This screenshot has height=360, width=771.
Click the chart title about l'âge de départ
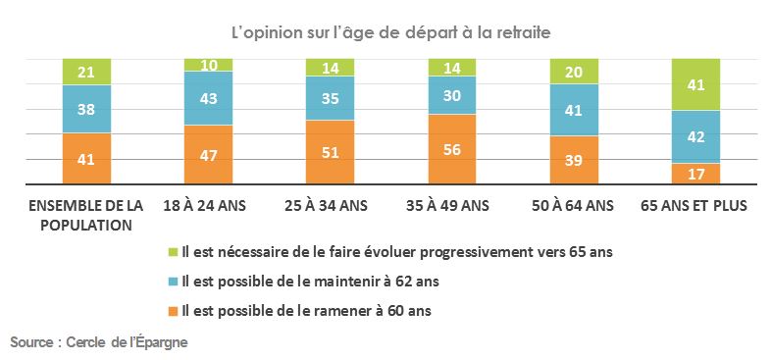pyautogui.click(x=390, y=32)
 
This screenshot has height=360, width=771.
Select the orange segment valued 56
pyautogui.click(x=451, y=149)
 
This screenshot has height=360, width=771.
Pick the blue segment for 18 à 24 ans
pyautogui.click(x=208, y=99)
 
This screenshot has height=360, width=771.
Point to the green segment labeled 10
pyautogui.click(x=208, y=65)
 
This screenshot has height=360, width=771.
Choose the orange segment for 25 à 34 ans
pyautogui.click(x=330, y=152)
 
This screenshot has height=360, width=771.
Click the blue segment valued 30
pyautogui.click(x=451, y=96)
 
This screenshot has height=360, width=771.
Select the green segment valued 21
pyautogui.click(x=86, y=72)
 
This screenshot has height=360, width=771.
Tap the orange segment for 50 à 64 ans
pyautogui.click(x=573, y=160)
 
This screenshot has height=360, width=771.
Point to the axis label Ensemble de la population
pyautogui.click(x=86, y=214)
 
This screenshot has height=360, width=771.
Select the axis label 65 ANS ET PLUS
pyautogui.click(x=694, y=206)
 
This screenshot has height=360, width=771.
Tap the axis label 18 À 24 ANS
pyautogui.click(x=208, y=206)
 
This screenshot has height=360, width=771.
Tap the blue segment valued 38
pyautogui.click(x=86, y=109)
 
